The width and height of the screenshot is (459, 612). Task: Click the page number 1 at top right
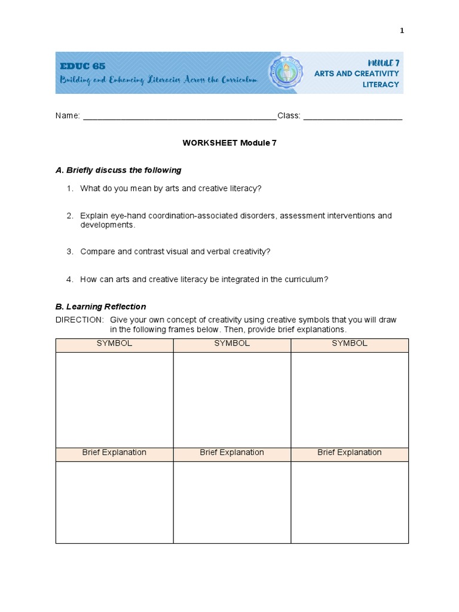point(402,31)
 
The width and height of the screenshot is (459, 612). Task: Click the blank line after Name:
point(179,116)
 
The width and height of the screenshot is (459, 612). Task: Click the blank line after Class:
point(353,116)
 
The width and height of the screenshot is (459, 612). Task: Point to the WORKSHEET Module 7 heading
point(229,143)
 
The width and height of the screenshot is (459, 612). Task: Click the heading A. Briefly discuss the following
point(118,170)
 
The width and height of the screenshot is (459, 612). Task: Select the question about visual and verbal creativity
point(175,252)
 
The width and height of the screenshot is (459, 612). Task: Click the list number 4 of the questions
point(69,279)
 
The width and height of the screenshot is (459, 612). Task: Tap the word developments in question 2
point(108,225)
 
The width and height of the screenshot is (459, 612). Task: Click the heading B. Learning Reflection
point(100,307)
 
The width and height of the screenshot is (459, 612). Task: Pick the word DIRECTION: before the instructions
point(79,320)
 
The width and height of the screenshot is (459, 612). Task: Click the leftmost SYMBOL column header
point(114,344)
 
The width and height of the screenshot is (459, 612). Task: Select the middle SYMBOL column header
point(232,344)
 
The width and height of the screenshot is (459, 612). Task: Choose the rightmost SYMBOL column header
point(350,344)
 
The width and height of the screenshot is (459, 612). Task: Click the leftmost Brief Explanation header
point(114,452)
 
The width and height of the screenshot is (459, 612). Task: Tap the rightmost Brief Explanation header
point(350,452)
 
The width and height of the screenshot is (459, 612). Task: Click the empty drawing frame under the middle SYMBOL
point(232,399)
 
